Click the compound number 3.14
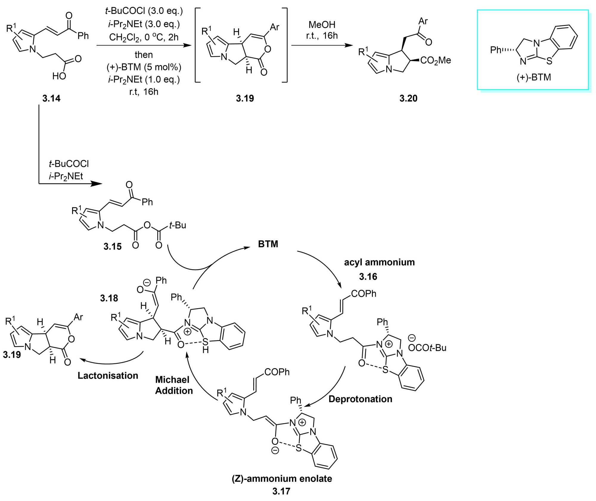click(x=51, y=98)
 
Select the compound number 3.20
click(x=408, y=98)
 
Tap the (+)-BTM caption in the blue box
click(x=533, y=77)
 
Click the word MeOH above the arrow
click(x=322, y=24)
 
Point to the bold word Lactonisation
click(x=108, y=375)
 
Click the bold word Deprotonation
click(x=360, y=399)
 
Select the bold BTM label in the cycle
click(x=268, y=244)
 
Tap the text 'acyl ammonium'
click(x=379, y=262)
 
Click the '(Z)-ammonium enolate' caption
click(x=282, y=478)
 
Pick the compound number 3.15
click(x=113, y=246)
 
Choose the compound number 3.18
click(x=109, y=298)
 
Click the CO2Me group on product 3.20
click(x=435, y=60)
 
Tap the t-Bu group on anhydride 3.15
click(x=178, y=225)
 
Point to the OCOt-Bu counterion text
click(x=427, y=348)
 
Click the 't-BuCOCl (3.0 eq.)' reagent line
click(x=144, y=11)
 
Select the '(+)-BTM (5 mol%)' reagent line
click(x=144, y=67)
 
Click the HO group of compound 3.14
click(x=59, y=76)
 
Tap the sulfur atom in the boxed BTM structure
click(x=549, y=61)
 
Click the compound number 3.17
click(x=281, y=491)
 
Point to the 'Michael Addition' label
click(x=174, y=385)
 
